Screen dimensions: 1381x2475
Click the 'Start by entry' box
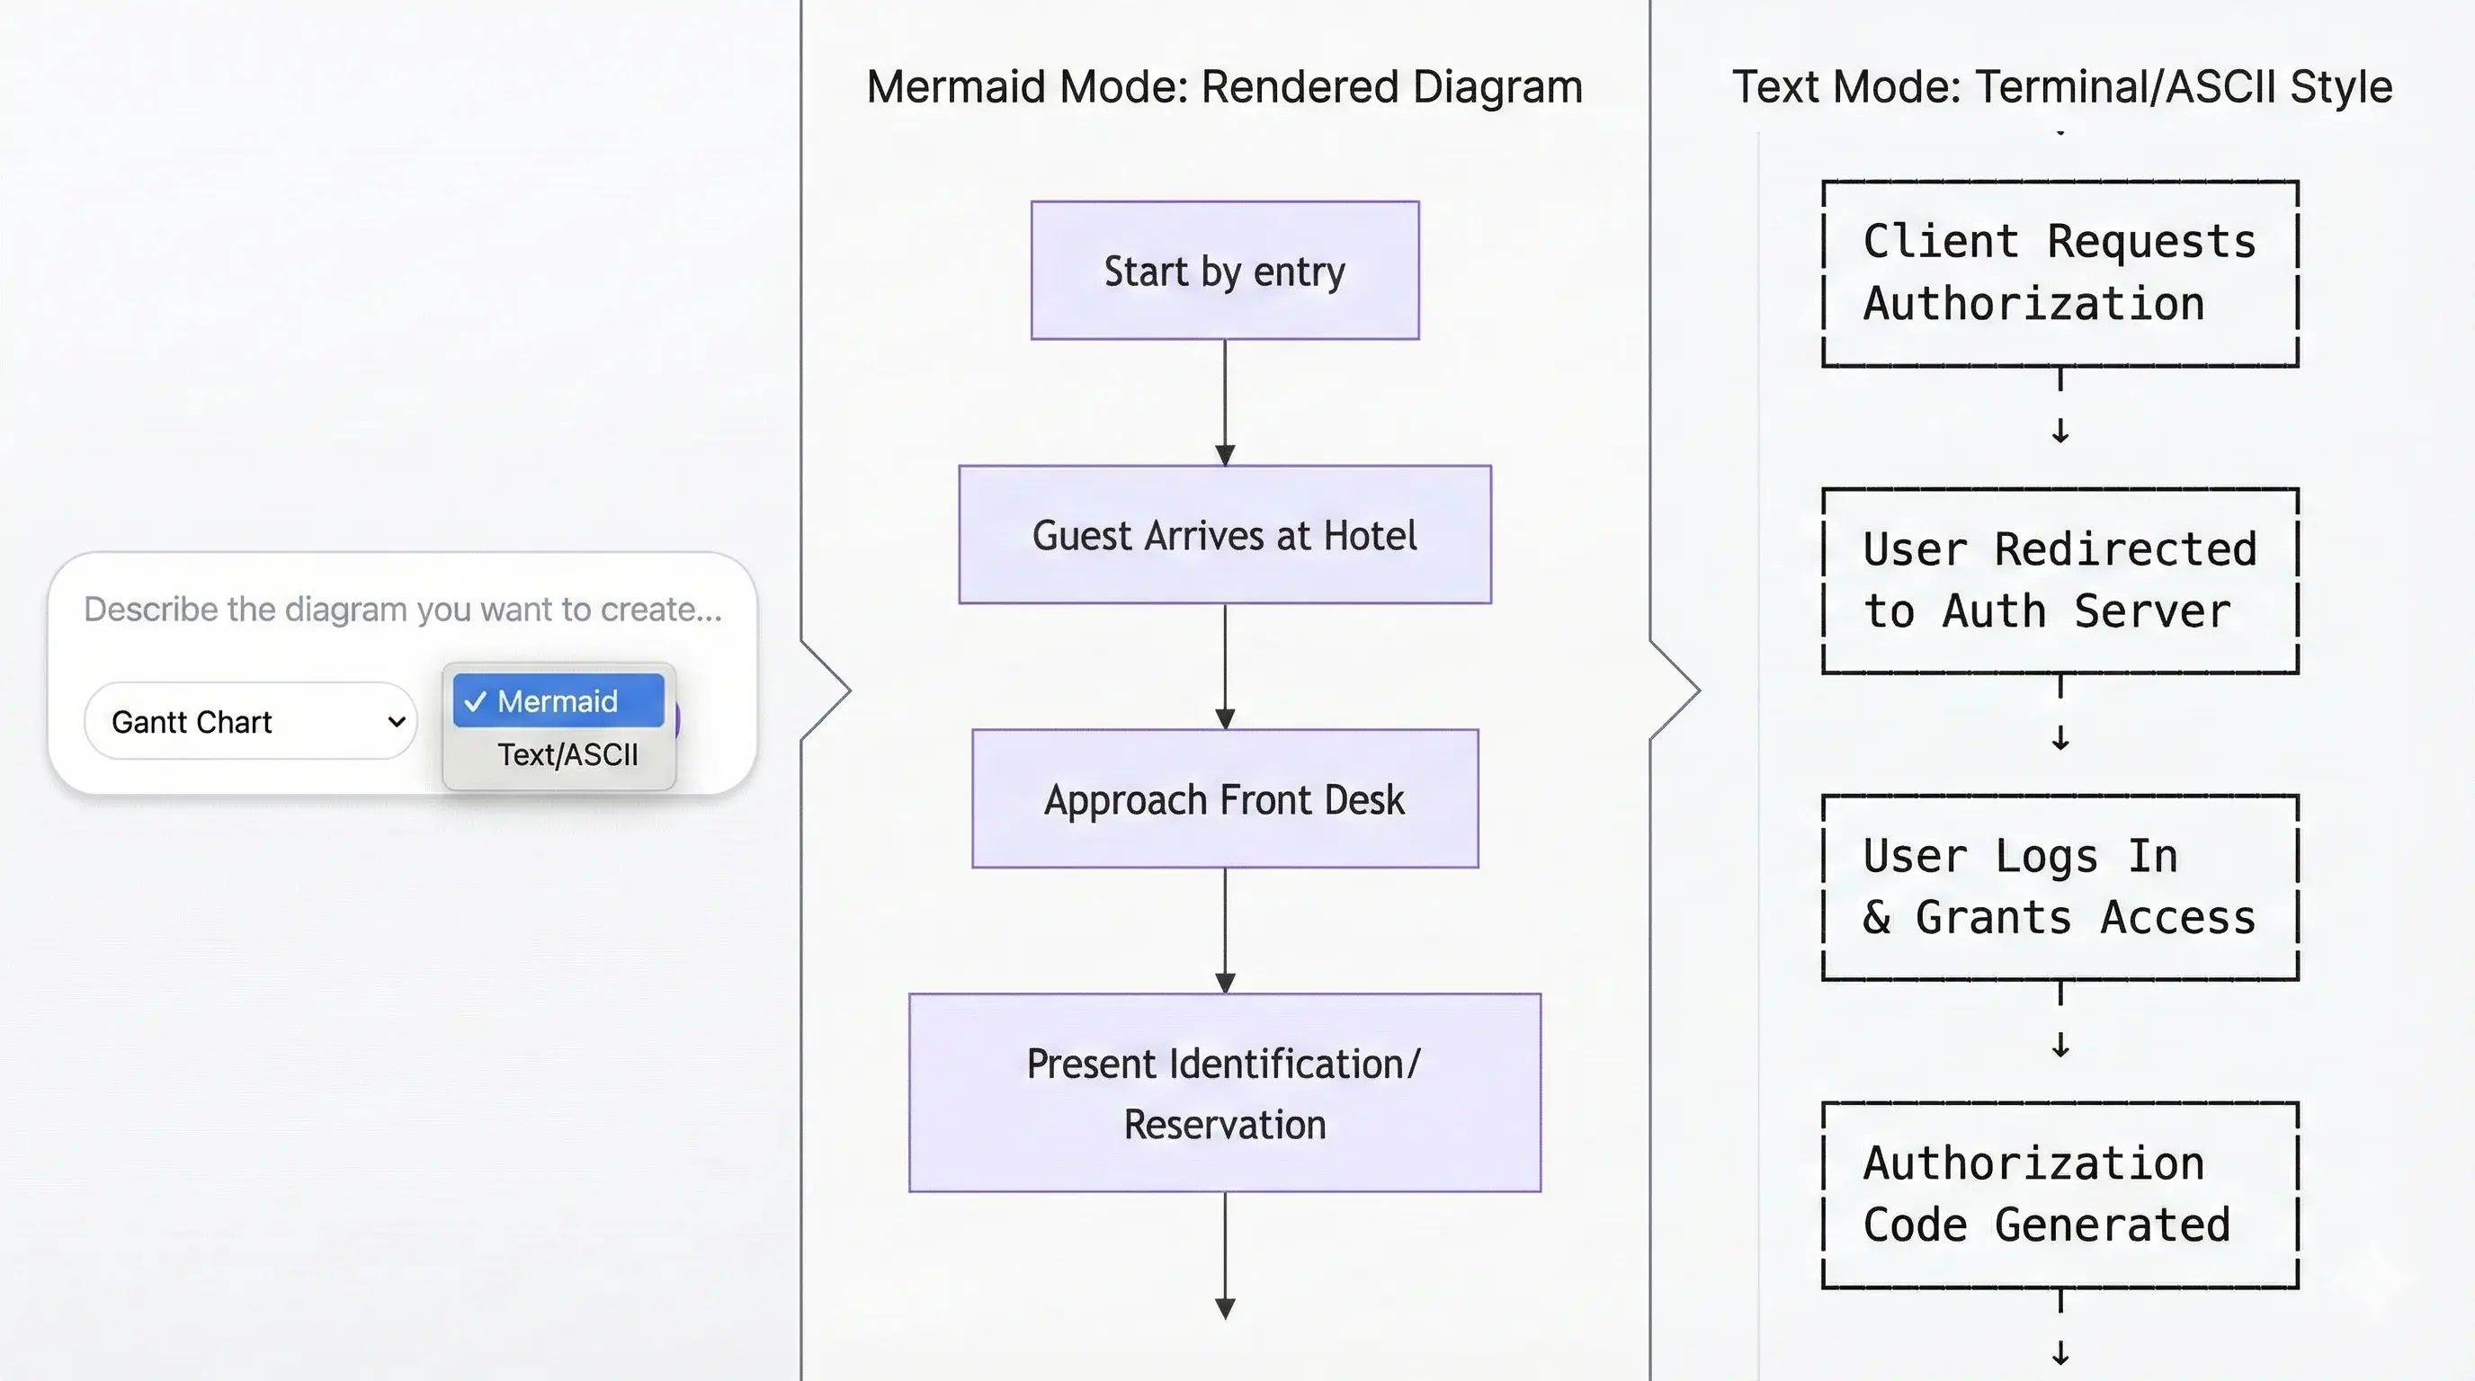pyautogui.click(x=1224, y=271)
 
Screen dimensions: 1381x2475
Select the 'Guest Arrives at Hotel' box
pyautogui.click(x=1224, y=535)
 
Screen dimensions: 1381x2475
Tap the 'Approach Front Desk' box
pyautogui.click(x=1224, y=799)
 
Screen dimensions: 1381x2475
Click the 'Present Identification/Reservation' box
pyautogui.click(x=1224, y=1093)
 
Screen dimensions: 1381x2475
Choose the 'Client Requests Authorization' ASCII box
pyautogui.click(x=2059, y=273)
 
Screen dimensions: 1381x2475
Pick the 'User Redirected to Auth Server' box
pyautogui.click(x=2059, y=581)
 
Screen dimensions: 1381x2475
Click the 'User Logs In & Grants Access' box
pyautogui.click(x=2059, y=887)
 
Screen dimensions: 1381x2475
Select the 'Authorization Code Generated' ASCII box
pyautogui.click(x=2059, y=1195)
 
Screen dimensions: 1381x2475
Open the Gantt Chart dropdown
pyautogui.click(x=250, y=721)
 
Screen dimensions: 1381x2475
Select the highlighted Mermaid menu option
pyautogui.click(x=558, y=701)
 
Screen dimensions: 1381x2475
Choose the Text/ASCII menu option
pyautogui.click(x=567, y=755)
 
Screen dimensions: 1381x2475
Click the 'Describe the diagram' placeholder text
pyautogui.click(x=403, y=609)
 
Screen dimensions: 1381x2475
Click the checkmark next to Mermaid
pyautogui.click(x=475, y=702)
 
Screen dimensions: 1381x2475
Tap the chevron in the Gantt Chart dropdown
pyautogui.click(x=396, y=721)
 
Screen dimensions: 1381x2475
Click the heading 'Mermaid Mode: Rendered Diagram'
pyautogui.click(x=1224, y=87)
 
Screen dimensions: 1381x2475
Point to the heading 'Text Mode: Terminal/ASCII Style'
pyautogui.click(x=2061, y=87)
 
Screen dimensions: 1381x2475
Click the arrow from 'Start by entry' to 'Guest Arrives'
pyautogui.click(x=1224, y=404)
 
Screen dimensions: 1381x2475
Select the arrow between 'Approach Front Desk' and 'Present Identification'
pyautogui.click(x=1224, y=931)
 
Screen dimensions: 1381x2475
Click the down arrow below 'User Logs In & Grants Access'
pyautogui.click(x=2060, y=1044)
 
